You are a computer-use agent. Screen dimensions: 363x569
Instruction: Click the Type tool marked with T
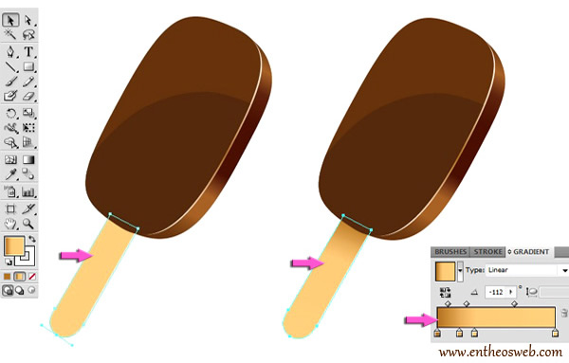coord(28,51)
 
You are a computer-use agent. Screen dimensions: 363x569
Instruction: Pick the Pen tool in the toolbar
coord(10,51)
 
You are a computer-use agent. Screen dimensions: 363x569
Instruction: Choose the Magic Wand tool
coord(10,34)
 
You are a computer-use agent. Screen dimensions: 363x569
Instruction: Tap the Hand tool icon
coord(10,224)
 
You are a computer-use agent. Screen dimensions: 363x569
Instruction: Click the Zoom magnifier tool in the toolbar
coord(28,224)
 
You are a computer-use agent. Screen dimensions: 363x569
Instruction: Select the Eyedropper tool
coord(10,175)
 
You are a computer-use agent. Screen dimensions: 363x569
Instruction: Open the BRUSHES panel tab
coord(450,252)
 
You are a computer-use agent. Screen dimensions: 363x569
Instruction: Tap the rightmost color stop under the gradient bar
coord(555,334)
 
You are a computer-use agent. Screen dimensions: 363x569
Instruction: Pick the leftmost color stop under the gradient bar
coord(437,334)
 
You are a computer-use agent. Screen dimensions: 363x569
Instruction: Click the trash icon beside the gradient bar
coord(563,314)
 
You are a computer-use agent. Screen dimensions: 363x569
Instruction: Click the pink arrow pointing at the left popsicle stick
coord(75,255)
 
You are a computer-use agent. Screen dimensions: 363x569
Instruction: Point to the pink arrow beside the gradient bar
coord(418,320)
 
